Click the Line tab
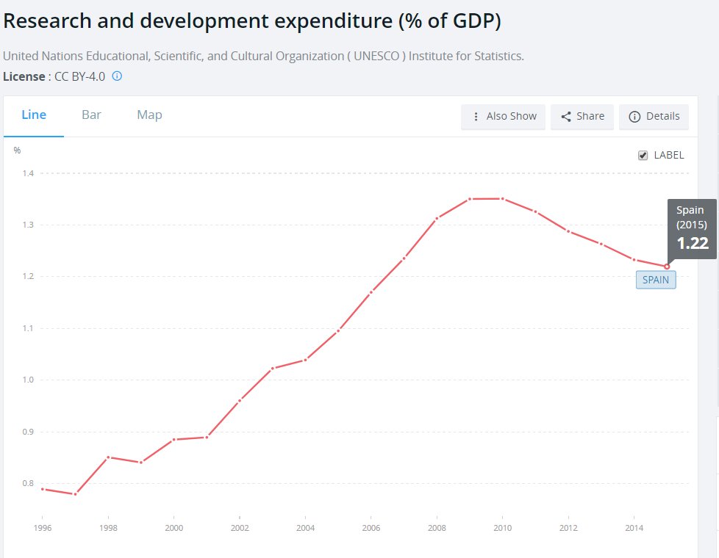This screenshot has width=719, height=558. tap(34, 115)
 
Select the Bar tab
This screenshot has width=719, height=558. tap(91, 115)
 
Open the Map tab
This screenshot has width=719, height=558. tap(149, 115)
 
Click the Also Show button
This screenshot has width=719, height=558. tap(503, 117)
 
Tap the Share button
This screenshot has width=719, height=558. tap(582, 117)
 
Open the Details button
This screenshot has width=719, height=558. tap(654, 117)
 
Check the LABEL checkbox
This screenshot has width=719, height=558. tap(643, 156)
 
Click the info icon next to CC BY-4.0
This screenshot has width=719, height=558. tap(118, 76)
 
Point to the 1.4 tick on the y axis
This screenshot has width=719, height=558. tap(28, 173)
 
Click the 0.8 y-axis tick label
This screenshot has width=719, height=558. tap(28, 483)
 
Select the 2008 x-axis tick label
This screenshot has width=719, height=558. tap(437, 528)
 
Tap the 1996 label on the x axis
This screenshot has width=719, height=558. tap(43, 528)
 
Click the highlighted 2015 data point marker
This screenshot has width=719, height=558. tap(667, 267)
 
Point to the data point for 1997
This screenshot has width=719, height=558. tap(75, 494)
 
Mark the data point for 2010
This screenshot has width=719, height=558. tap(503, 199)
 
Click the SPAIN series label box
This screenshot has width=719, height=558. tap(656, 280)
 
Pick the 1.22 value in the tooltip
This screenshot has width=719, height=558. tap(693, 243)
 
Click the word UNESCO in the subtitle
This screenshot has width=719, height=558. tap(376, 56)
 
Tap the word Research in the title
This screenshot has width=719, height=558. tap(47, 21)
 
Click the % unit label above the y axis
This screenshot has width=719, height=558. tap(17, 151)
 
